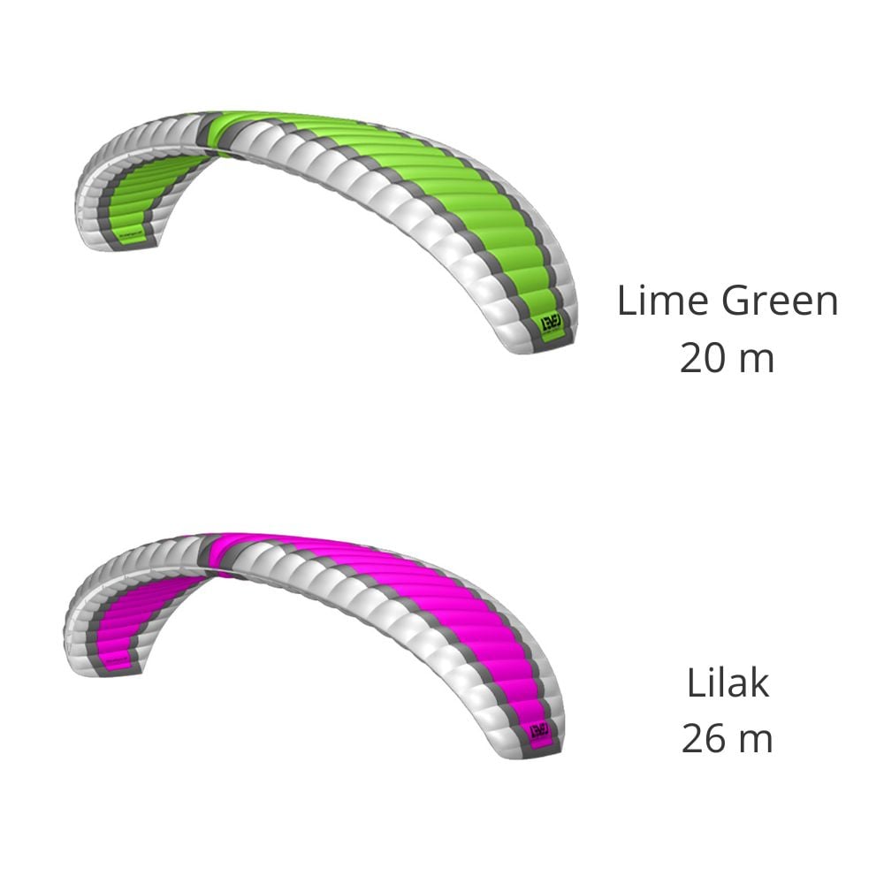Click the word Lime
(x=664, y=301)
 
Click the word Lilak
(x=728, y=683)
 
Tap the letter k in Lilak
(x=759, y=683)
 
